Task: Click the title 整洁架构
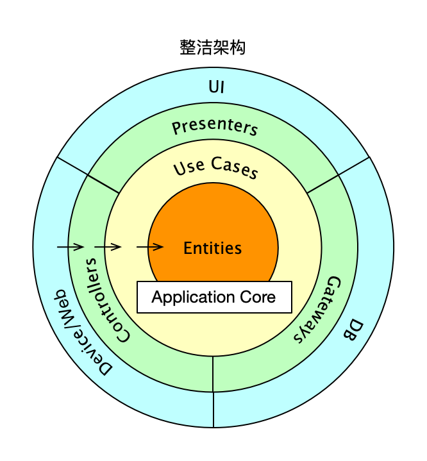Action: point(213,47)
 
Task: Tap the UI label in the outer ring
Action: point(217,87)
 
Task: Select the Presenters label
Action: point(215,126)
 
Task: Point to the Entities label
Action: point(213,248)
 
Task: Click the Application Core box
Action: point(214,297)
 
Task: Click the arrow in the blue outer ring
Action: point(71,246)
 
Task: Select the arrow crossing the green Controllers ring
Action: point(108,246)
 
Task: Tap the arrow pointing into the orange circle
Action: point(150,246)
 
